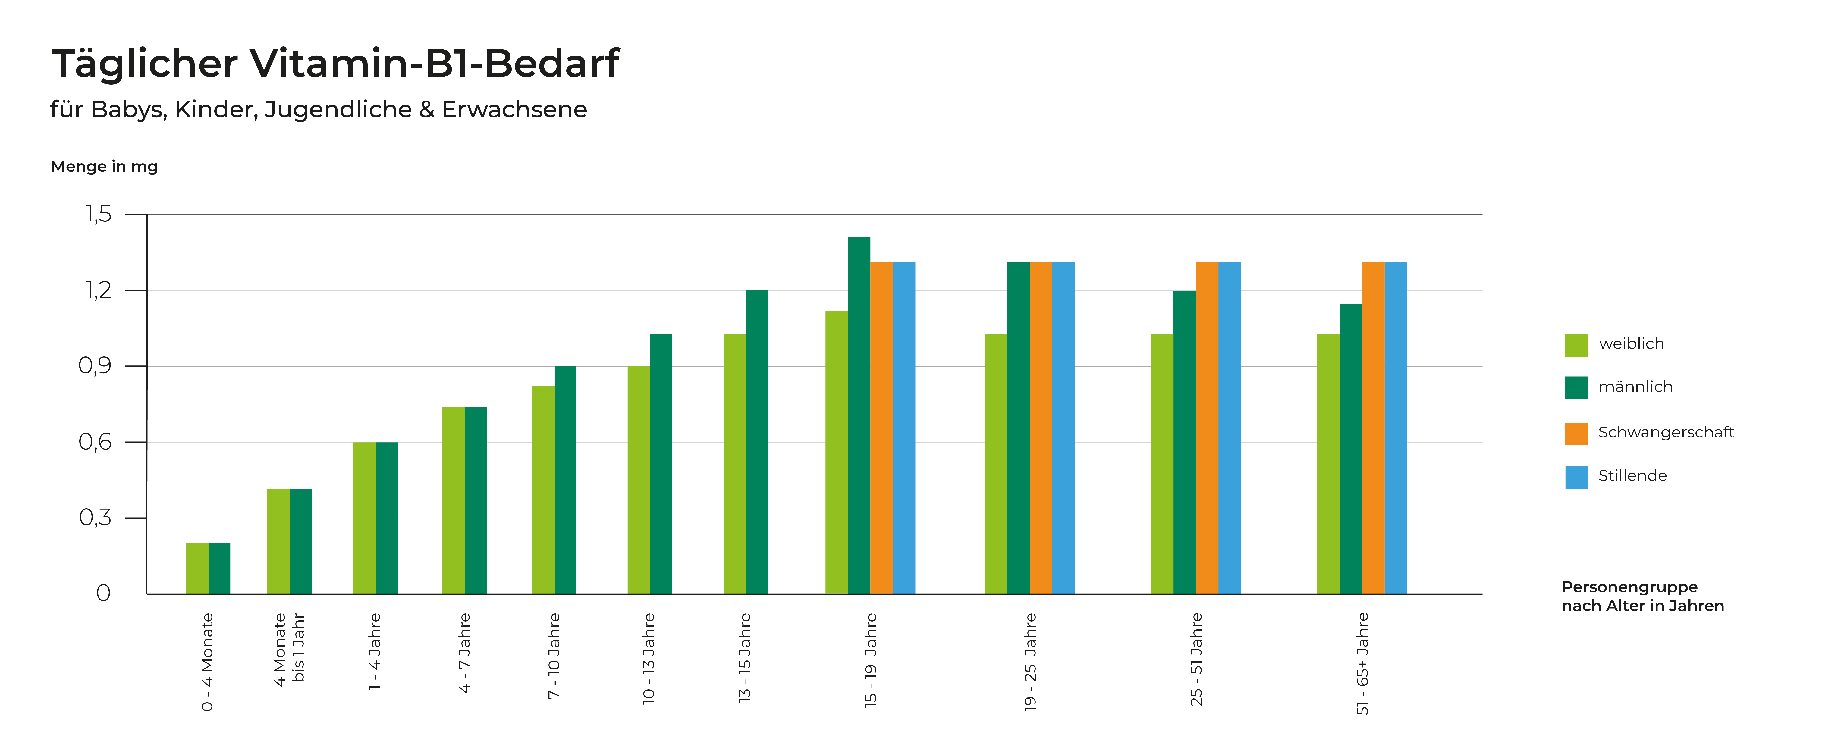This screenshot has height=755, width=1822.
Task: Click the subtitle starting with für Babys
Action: pyautogui.click(x=318, y=110)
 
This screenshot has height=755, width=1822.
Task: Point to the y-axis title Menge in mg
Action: pyautogui.click(x=104, y=167)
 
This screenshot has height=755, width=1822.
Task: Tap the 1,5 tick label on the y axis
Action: pyautogui.click(x=98, y=214)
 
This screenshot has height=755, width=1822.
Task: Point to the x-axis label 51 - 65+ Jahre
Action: pyautogui.click(x=1362, y=663)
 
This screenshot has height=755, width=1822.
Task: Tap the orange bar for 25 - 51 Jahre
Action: pyautogui.click(x=1207, y=428)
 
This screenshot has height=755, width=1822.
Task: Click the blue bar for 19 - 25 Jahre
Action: pyautogui.click(x=1063, y=428)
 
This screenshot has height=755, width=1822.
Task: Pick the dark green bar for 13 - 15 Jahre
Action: pyautogui.click(x=757, y=442)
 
